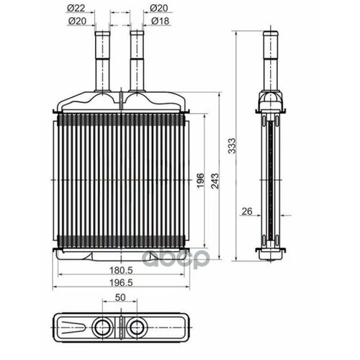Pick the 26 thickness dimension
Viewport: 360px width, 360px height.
[246, 211]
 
